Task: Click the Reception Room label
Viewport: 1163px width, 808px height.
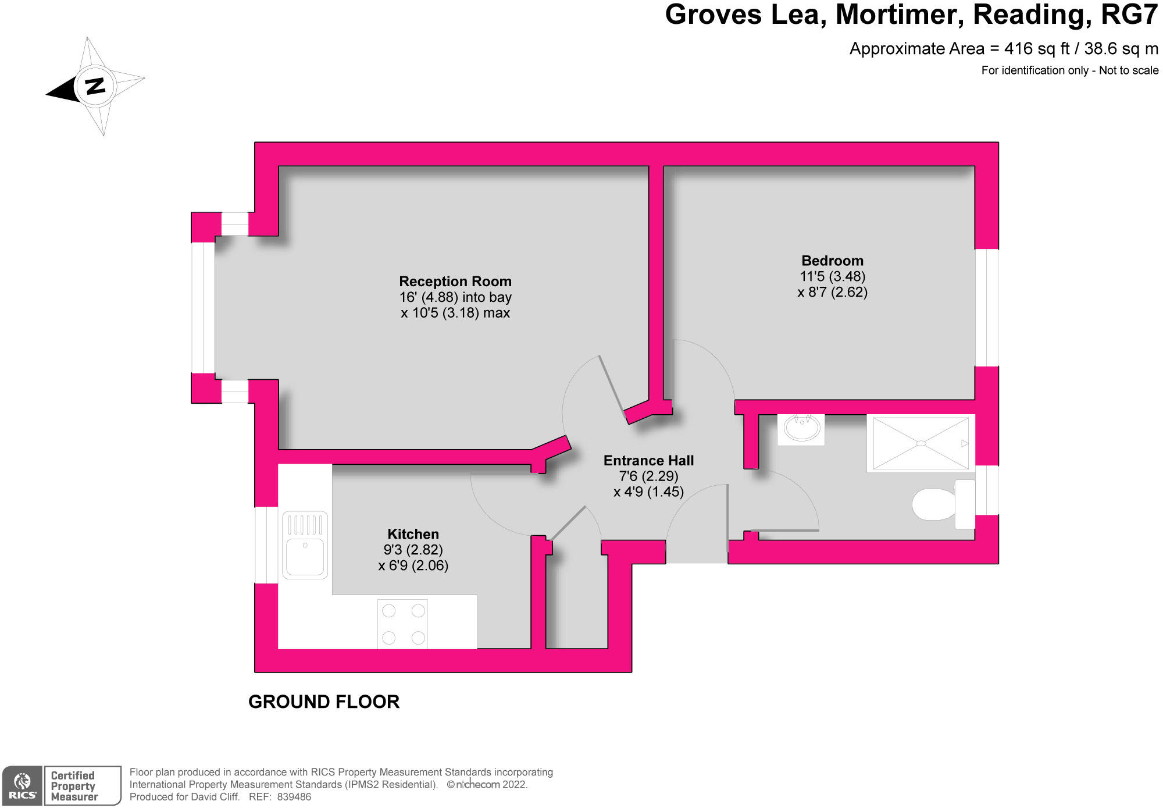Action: click(x=455, y=282)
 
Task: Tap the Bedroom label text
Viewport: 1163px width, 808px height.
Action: click(x=832, y=261)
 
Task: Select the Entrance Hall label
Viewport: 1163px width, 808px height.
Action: click(x=648, y=461)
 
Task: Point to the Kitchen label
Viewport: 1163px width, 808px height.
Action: click(x=413, y=534)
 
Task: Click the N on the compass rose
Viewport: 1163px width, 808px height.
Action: click(x=95, y=86)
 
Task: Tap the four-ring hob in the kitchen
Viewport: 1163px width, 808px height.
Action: click(x=403, y=624)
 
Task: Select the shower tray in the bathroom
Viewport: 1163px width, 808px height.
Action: click(x=921, y=443)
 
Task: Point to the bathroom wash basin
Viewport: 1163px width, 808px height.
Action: click(x=802, y=429)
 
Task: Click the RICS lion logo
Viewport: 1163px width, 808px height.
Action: click(x=23, y=781)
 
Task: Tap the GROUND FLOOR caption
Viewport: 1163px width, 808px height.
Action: click(x=324, y=702)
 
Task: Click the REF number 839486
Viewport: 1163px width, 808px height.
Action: click(x=294, y=797)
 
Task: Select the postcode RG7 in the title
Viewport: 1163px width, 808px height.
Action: click(x=1129, y=15)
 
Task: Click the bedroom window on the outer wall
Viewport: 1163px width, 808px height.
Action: click(x=986, y=308)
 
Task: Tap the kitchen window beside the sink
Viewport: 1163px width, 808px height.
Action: click(x=266, y=545)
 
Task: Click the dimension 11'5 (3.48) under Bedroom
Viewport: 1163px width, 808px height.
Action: click(x=832, y=276)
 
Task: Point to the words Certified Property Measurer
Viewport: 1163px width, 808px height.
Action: click(x=74, y=786)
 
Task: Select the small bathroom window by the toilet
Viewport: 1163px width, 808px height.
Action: click(x=986, y=490)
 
